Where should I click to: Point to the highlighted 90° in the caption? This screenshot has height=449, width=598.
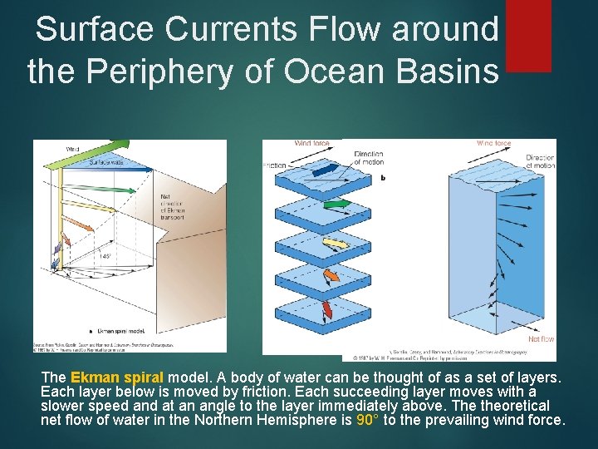(x=367, y=420)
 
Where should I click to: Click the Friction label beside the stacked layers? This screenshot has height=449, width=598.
(x=274, y=165)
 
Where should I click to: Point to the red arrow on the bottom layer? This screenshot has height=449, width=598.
(x=326, y=309)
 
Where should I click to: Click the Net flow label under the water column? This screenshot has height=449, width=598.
(x=541, y=339)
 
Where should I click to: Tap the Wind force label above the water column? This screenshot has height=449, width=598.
(x=493, y=143)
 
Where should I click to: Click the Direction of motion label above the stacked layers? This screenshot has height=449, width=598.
(x=368, y=158)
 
